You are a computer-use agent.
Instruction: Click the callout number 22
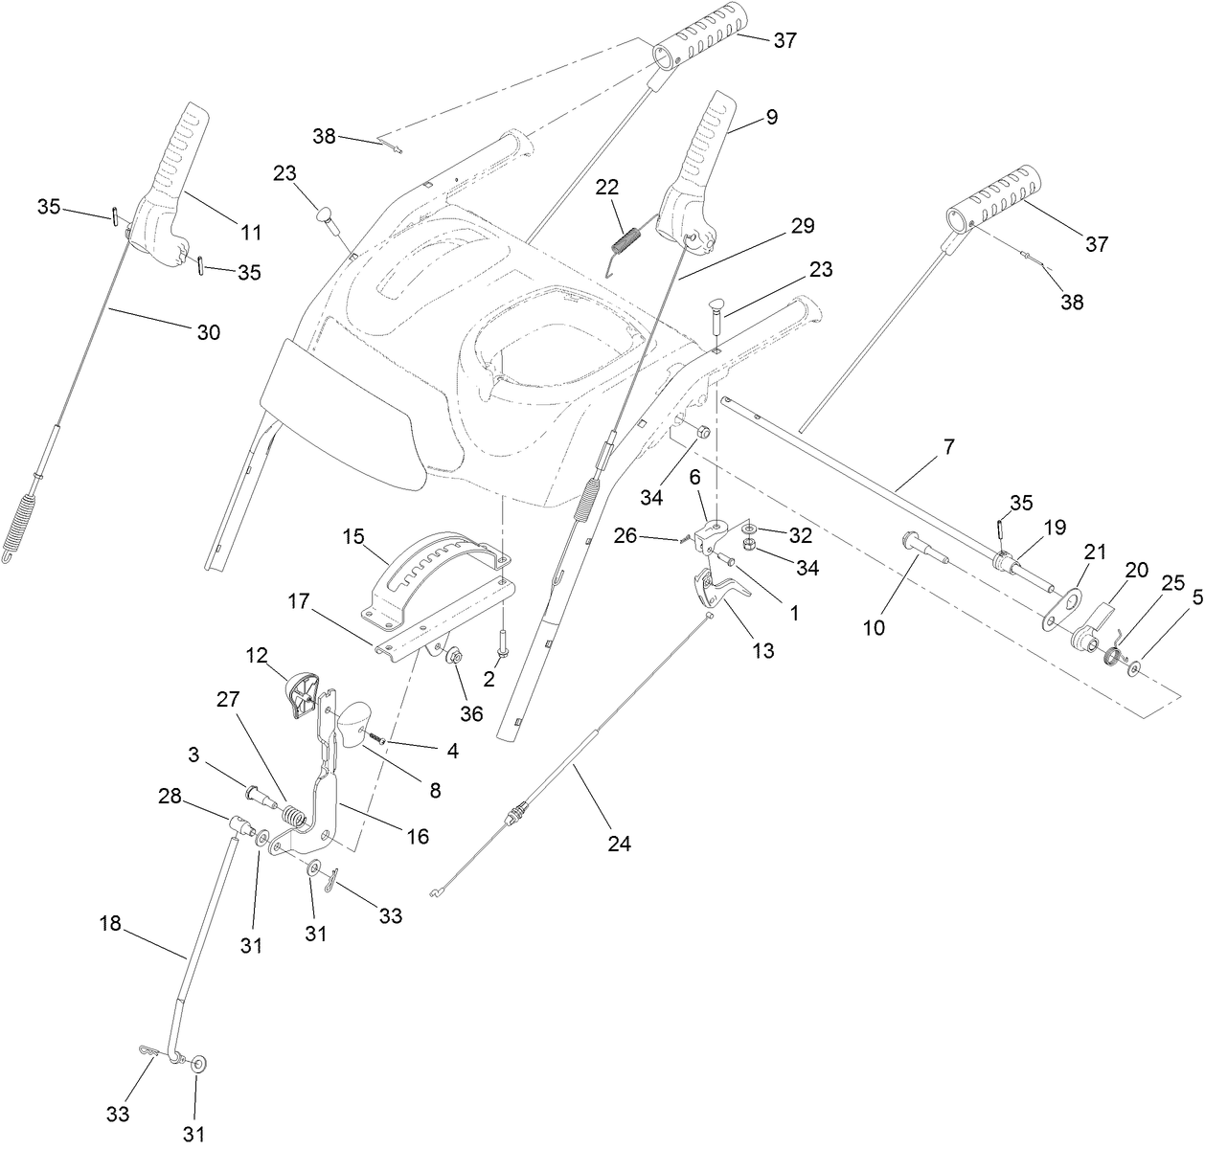pos(608,187)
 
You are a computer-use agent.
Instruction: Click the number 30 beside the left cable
pos(208,332)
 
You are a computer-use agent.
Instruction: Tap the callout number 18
pos(111,924)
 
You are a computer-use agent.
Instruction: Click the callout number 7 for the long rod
pos(948,446)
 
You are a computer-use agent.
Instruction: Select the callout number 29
pos(803,226)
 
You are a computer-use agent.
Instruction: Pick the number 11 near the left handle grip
pos(251,231)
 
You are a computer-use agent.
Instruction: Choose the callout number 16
pos(417,836)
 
